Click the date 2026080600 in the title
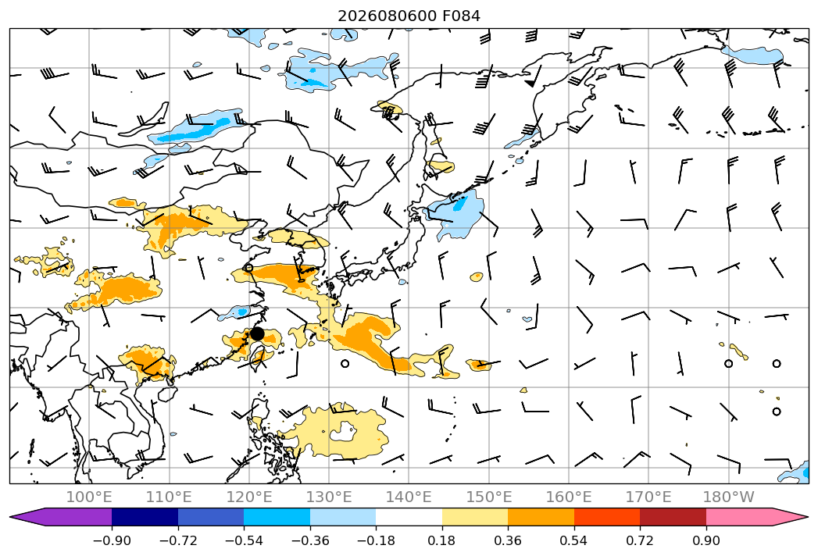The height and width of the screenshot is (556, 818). tap(388, 16)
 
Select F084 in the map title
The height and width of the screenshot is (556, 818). tap(462, 16)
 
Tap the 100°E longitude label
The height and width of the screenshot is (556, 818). tap(89, 497)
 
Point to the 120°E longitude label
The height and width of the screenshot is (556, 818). tap(249, 497)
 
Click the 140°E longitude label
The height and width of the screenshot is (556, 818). tap(409, 497)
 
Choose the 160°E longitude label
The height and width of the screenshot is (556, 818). tap(569, 497)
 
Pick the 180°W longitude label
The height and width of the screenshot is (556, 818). tap(728, 497)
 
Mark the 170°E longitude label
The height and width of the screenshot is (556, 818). tap(648, 497)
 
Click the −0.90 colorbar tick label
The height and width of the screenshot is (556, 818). tap(112, 540)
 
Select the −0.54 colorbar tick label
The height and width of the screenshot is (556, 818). tap(244, 540)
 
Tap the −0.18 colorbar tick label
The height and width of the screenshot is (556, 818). tap(376, 540)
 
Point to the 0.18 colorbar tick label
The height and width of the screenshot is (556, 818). tap(442, 540)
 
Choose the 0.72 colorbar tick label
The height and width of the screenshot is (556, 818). tap(640, 540)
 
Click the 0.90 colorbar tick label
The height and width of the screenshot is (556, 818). tap(705, 540)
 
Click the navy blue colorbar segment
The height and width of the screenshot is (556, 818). tap(145, 517)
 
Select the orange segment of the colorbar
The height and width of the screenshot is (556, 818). tap(541, 517)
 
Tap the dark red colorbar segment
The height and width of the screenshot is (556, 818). tap(673, 517)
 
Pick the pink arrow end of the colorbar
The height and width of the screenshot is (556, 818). tap(756, 517)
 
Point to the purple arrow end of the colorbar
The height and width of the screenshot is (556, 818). tap(60, 517)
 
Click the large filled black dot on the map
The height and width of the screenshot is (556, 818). tap(257, 333)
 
